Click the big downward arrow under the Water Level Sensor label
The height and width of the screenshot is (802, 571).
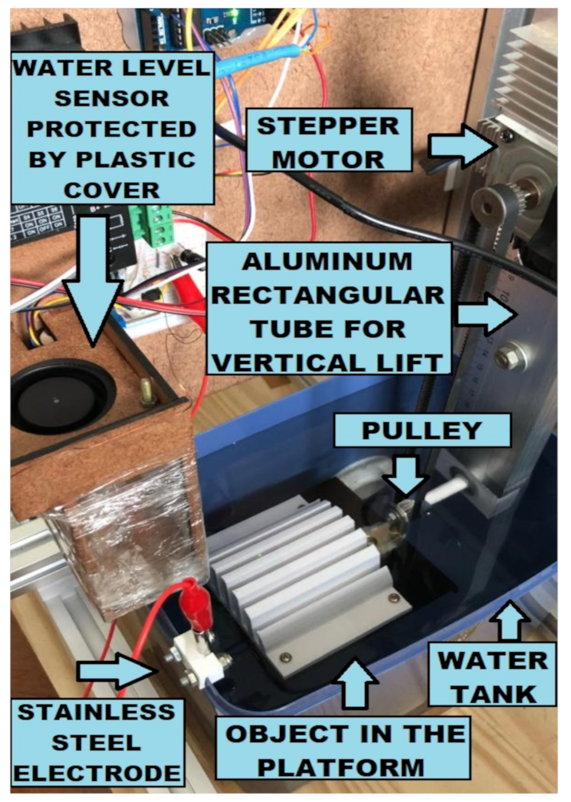(93, 281)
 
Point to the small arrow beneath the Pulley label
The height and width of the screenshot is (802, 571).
(406, 475)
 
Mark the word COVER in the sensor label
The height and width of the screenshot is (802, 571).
(112, 190)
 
